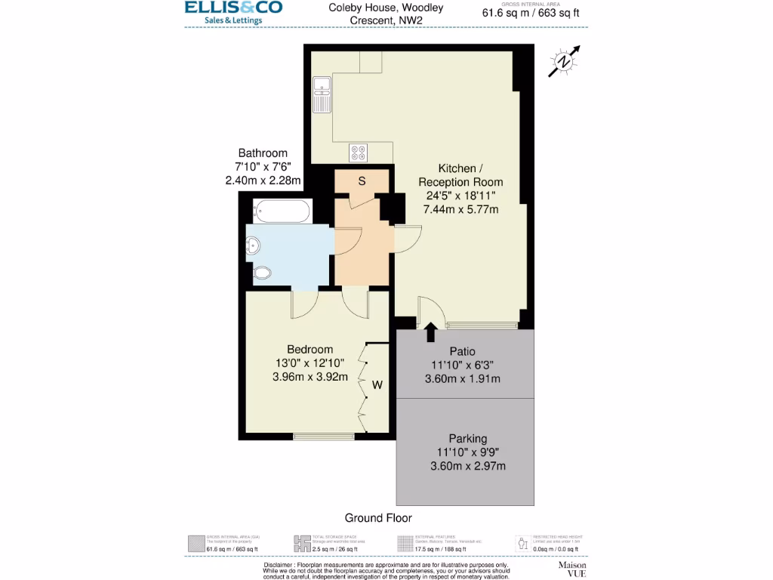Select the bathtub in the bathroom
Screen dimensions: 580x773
click(x=280, y=211)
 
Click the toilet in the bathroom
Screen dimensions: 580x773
click(x=261, y=273)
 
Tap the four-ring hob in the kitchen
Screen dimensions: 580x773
click(x=359, y=153)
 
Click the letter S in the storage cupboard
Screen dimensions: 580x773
click(x=362, y=181)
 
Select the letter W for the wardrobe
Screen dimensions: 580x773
click(x=377, y=385)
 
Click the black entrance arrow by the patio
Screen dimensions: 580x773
click(x=430, y=332)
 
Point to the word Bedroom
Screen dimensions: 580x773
click(x=310, y=350)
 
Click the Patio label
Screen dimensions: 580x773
click(x=462, y=351)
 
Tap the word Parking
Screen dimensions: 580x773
click(x=467, y=438)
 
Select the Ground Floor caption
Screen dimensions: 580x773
click(x=378, y=518)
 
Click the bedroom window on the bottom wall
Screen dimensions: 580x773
click(x=323, y=436)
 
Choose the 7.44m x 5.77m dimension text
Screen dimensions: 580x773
click(x=462, y=209)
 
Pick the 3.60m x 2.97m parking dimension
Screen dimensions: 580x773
click(x=467, y=466)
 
